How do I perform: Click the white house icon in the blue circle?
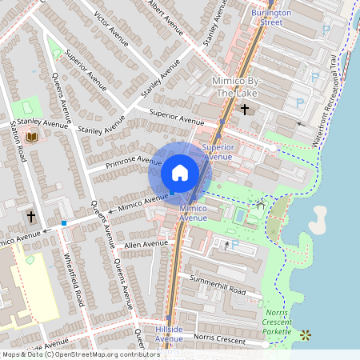tap(180, 172)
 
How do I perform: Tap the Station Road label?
tap(20, 143)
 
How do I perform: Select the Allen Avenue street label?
tap(146, 242)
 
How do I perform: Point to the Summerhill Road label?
tap(216, 285)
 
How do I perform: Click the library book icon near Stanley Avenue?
tap(33, 138)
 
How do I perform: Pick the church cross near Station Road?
tap(31, 217)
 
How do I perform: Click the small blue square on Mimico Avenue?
tap(63, 222)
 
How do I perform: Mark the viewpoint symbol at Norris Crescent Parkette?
tap(304, 334)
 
